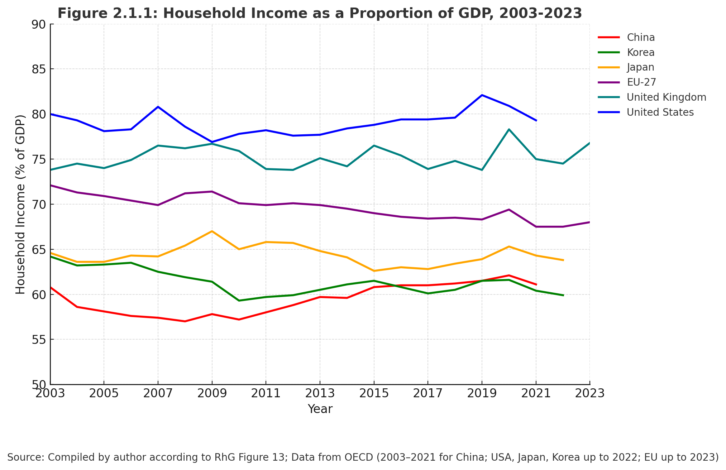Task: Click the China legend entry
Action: pos(641,38)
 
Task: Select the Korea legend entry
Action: pos(641,53)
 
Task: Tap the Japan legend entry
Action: pos(641,67)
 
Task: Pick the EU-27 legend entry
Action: pos(641,82)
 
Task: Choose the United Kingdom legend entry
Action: pos(666,97)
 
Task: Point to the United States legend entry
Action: pos(660,112)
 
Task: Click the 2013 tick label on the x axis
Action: pos(320,394)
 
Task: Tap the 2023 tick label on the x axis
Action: pos(590,394)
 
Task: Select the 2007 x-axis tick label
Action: pos(158,394)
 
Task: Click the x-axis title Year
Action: pos(320,409)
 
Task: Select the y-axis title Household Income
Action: pos(21,204)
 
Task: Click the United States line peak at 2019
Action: pos(482,95)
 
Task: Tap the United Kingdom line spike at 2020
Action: pos(509,129)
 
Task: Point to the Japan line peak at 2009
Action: pos(212,231)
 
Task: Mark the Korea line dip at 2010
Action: pos(239,301)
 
